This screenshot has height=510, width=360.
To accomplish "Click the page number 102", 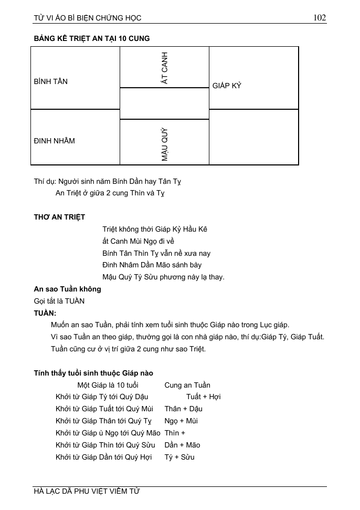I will tap(320, 17).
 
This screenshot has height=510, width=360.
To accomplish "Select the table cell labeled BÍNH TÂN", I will tap(51, 81).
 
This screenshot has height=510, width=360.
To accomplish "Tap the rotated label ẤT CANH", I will tap(165, 68).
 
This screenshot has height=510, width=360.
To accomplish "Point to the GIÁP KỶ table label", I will tap(227, 86).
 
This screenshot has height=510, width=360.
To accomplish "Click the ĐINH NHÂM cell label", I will tap(55, 141).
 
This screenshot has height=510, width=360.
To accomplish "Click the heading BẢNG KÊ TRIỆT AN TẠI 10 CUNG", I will tap(92, 39).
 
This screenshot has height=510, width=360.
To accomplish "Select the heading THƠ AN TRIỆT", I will tap(59, 217).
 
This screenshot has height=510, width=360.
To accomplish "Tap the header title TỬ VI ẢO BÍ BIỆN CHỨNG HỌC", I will tap(88, 18).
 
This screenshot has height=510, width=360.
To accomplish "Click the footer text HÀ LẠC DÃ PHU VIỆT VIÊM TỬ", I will tap(87, 491).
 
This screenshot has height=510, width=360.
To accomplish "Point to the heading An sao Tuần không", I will tap(68, 289).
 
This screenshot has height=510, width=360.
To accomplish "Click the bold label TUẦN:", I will tap(45, 313).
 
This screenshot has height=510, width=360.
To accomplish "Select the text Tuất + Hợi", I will tap(203, 397).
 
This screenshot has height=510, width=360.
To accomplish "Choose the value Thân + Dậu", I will tap(183, 409).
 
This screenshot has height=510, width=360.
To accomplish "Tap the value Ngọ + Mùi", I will tap(181, 421).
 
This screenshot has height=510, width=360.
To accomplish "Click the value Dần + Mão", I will tap(182, 445).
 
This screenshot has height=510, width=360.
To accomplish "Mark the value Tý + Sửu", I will tap(179, 457).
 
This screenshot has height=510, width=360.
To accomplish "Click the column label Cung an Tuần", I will tap(187, 385).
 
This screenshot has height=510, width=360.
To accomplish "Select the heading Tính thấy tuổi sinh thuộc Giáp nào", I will tap(93, 373).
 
